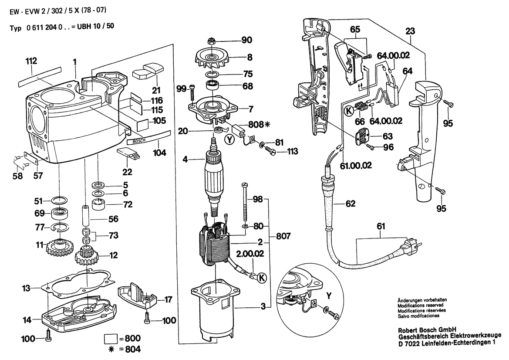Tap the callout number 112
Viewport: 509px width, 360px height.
click(31, 61)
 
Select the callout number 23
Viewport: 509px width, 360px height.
click(410, 31)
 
